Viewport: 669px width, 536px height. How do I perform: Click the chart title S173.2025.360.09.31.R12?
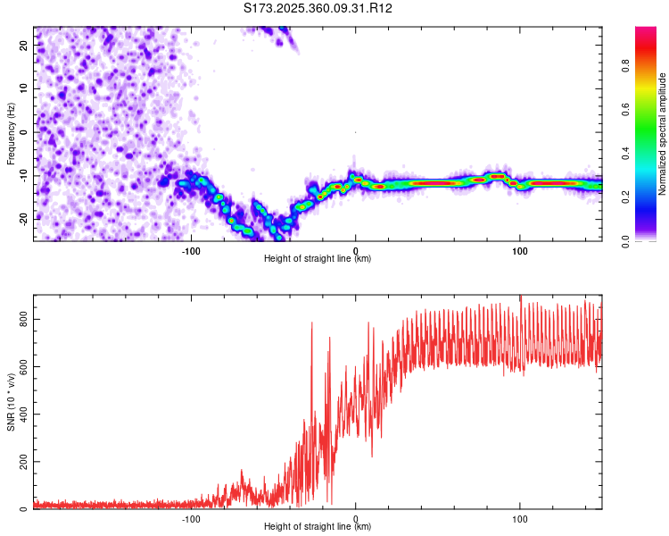coord(318,8)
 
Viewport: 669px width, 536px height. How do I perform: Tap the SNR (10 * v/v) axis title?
coord(11,402)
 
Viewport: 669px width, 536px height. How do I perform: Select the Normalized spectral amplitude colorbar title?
coord(663,134)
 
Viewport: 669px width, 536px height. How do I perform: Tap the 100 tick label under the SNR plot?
coord(520,519)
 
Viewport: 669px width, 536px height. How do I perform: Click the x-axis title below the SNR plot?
coord(318,527)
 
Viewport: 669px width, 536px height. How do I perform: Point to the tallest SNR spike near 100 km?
coord(521,298)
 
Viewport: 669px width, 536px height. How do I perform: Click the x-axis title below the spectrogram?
coord(318,259)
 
